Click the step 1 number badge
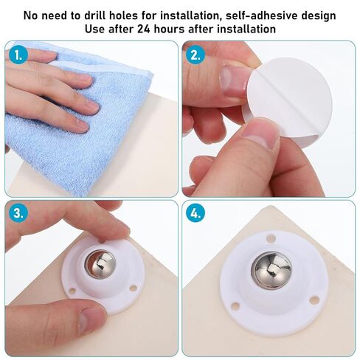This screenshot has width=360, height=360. [18, 55]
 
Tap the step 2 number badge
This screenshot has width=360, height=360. [195, 55]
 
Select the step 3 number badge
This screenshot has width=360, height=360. [18, 213]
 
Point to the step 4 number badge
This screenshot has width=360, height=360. [195, 213]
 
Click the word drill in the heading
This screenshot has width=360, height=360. [94, 15]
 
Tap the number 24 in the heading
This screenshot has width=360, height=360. [143, 29]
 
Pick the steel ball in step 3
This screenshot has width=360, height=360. [100, 264]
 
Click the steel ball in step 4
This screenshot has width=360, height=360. [271, 270]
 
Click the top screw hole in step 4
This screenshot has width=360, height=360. [271, 238]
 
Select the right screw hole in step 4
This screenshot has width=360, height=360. [314, 300]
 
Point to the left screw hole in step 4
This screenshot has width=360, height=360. [235, 306]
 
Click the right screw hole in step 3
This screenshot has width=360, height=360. [133, 288]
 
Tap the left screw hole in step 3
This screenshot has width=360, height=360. [72, 291]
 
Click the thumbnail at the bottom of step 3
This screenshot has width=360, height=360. [91, 320]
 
